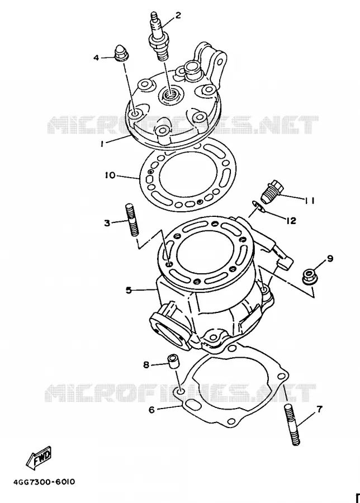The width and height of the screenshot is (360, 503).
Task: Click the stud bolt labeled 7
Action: tap(292, 425)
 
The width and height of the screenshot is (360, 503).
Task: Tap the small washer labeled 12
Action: tap(259, 207)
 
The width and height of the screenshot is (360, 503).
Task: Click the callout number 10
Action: tap(110, 175)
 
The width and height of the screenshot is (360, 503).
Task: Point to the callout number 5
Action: tap(129, 290)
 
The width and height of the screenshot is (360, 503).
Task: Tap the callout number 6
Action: tap(151, 410)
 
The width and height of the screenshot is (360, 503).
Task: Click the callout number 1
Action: tap(102, 144)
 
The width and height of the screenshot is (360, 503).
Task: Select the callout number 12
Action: tap(291, 221)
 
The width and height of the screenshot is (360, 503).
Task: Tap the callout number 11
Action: tap(309, 201)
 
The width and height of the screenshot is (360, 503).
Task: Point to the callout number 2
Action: tap(177, 15)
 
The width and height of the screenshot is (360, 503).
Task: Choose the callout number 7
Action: tap(320, 409)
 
